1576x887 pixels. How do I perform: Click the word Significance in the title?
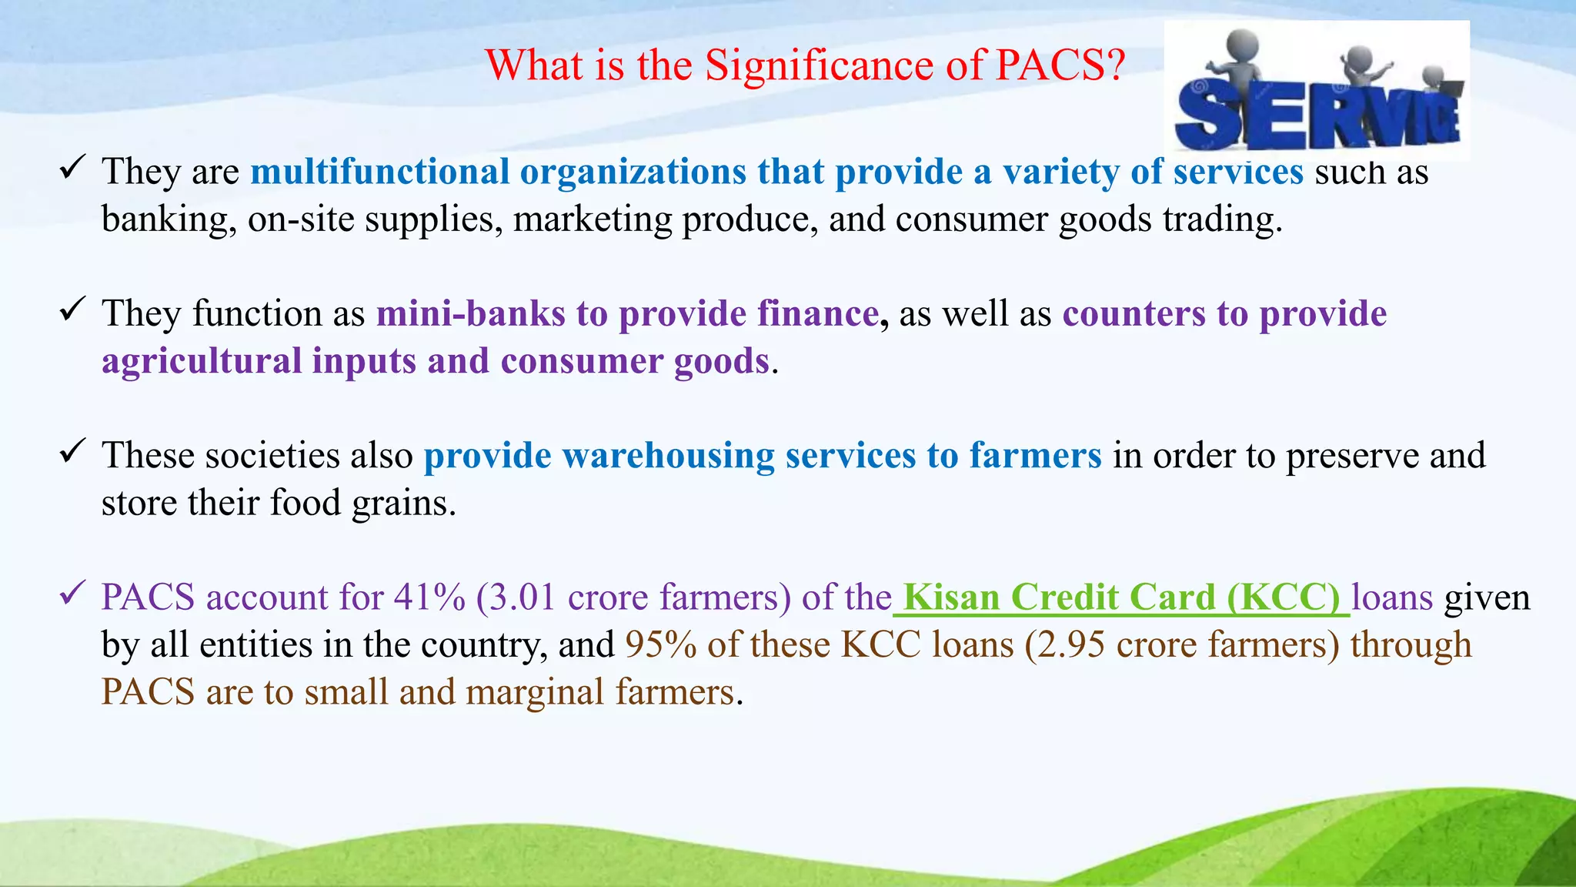[819, 65]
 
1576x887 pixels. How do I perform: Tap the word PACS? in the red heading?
[1060, 65]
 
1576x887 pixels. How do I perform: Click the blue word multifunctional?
[380, 171]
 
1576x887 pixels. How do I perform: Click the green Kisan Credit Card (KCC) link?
[1121, 597]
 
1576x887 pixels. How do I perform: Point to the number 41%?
[429, 597]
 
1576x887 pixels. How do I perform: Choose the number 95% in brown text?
[660, 644]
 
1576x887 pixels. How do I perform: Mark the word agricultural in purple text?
[202, 361]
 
